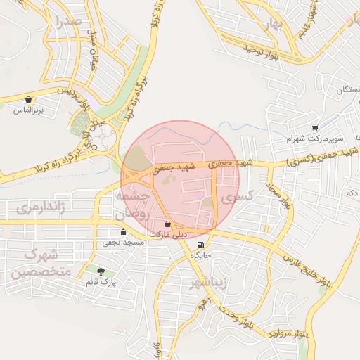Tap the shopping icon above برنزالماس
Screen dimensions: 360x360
pyautogui.click(x=28, y=100)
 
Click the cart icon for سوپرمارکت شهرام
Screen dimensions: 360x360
pyautogui.click(x=315, y=128)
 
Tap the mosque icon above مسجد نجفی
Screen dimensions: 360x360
pyautogui.click(x=124, y=231)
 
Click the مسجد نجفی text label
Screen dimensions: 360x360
pyautogui.click(x=124, y=243)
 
